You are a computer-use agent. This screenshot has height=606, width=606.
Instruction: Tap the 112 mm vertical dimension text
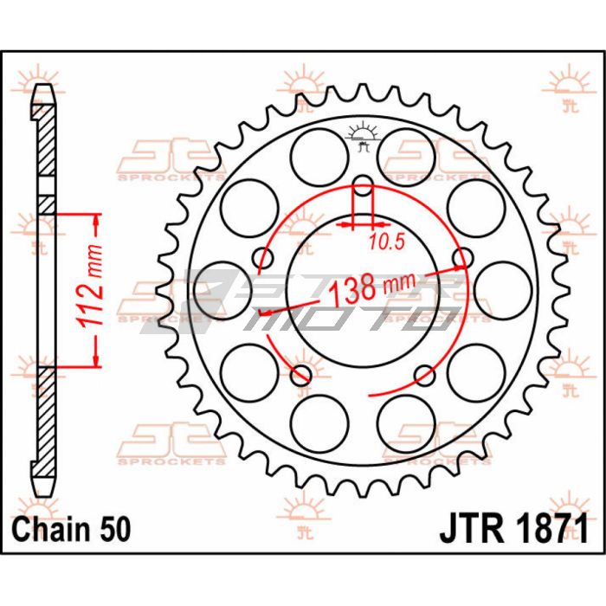(x=90, y=286)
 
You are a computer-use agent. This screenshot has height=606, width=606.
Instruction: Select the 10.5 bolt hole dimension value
(x=386, y=242)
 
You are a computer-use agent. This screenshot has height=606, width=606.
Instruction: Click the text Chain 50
(x=72, y=529)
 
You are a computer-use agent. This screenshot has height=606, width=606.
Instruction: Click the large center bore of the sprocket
(x=363, y=291)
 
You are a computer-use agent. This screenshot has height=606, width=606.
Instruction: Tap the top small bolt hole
(x=363, y=185)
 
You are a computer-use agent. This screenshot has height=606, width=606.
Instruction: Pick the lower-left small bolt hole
(x=301, y=375)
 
